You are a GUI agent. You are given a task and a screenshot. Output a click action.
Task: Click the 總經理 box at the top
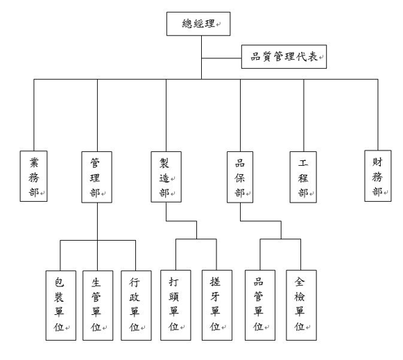[198, 24]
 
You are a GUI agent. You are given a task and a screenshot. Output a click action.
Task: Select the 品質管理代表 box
[284, 57]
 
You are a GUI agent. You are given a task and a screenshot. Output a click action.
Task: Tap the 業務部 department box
[34, 176]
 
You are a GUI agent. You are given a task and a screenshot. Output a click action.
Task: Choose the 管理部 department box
[96, 177]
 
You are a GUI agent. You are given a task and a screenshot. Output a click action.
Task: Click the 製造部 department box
[166, 177]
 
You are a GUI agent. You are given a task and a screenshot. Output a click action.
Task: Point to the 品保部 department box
[240, 177]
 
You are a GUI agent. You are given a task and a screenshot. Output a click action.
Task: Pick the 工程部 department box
[303, 177]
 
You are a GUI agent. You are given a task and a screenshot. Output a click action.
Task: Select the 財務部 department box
[378, 176]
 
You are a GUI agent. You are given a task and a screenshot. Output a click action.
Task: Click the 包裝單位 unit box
[61, 305]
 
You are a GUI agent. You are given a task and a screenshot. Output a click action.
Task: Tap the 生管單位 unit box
[98, 305]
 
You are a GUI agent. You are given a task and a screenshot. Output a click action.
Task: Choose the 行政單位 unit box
[136, 305]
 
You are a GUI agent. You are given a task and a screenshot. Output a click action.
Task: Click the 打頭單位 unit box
[175, 305]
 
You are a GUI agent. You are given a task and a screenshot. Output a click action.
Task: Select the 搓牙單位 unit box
[217, 305]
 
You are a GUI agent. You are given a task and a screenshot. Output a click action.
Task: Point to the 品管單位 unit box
[260, 305]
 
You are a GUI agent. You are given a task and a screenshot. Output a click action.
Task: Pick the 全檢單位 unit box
[301, 305]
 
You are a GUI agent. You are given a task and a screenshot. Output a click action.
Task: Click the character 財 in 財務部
[377, 162]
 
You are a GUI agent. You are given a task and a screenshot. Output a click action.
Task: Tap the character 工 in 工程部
[303, 162]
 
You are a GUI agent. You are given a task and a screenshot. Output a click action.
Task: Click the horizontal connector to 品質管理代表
[221, 58]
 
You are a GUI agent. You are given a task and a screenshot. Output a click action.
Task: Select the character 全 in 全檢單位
[300, 282]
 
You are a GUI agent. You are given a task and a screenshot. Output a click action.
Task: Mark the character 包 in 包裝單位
[59, 282]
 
